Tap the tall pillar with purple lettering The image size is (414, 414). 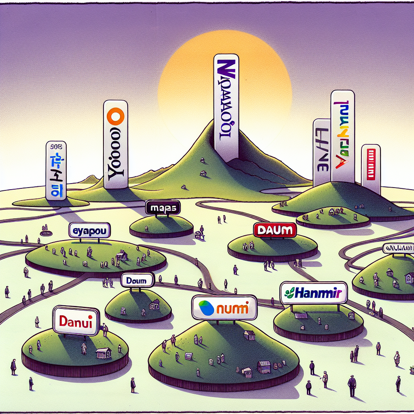tap(226, 107)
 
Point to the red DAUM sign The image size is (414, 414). tap(275, 230)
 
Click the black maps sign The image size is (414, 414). tap(163, 208)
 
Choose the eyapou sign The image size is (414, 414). tap(89, 231)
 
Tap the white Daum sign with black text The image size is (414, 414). tap(137, 280)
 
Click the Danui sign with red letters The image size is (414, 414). tap(76, 321)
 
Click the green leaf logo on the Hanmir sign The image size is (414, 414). tap(290, 292)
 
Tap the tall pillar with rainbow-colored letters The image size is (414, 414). tap(342, 135)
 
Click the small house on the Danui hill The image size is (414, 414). tap(103, 353)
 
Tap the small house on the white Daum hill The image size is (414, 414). tap(154, 303)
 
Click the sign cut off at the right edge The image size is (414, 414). tap(399, 247)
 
